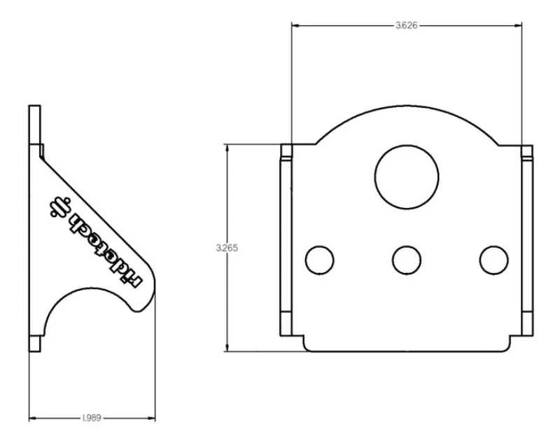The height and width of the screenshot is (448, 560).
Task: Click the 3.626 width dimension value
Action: [407, 25]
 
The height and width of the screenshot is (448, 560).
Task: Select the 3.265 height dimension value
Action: [227, 248]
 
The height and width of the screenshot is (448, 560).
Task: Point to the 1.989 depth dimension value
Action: [92, 418]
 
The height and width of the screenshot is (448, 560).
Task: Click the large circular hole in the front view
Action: [407, 177]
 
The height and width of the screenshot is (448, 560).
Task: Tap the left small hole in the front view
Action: [320, 260]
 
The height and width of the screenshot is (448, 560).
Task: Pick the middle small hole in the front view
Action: [407, 260]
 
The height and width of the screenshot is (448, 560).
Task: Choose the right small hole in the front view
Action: [494, 260]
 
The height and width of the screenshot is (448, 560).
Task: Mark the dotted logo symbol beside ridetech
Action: [59, 207]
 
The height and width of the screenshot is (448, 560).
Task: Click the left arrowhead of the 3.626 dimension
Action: [295, 25]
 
